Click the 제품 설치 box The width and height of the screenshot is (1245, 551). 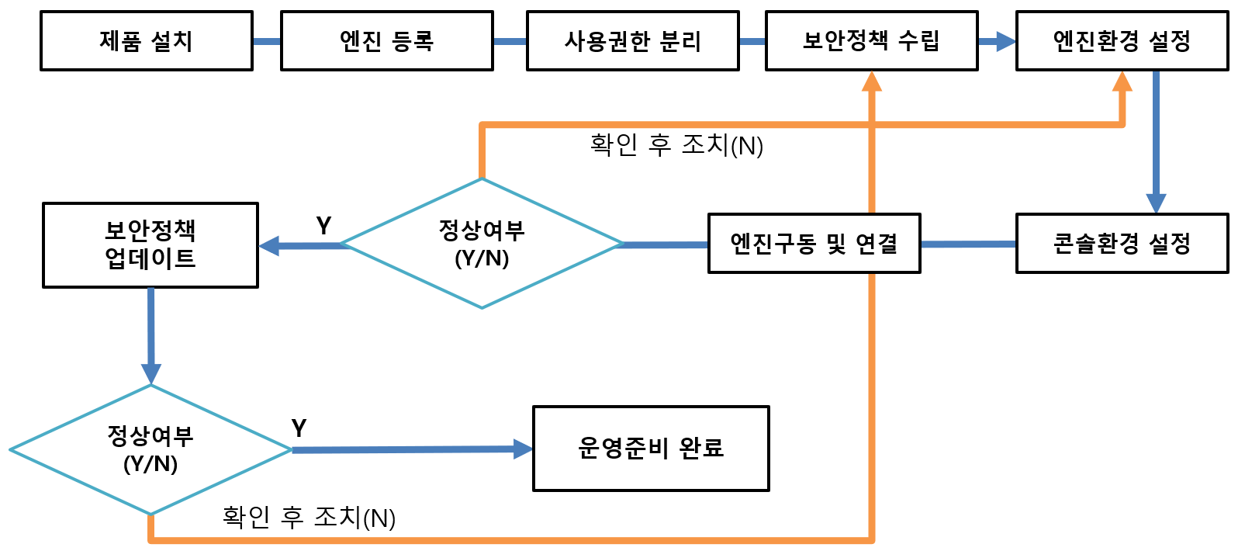tap(147, 41)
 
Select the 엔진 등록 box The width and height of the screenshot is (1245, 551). tap(386, 41)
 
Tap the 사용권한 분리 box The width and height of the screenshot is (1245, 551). tap(632, 41)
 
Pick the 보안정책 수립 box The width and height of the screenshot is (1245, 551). tap(871, 41)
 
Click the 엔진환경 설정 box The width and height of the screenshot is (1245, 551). tap(1122, 41)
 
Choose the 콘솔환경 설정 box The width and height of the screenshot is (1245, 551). tap(1122, 244)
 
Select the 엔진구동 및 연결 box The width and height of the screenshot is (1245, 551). tap(814, 244)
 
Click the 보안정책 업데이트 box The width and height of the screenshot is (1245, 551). tap(150, 245)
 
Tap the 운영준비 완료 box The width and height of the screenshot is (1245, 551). tap(651, 449)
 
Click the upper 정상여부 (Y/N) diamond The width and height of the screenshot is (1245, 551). tap(482, 244)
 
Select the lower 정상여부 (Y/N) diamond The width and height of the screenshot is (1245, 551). tap(150, 449)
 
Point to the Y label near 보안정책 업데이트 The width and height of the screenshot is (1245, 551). tap(323, 226)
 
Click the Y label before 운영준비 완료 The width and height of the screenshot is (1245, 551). tap(299, 428)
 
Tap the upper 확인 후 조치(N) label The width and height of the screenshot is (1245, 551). tap(676, 145)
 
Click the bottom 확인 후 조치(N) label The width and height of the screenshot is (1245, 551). tap(309, 517)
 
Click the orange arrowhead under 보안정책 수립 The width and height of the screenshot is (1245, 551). tap(872, 82)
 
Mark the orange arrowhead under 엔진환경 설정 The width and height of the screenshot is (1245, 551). tap(1122, 82)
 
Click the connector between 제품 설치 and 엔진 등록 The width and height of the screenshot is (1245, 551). tap(267, 41)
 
